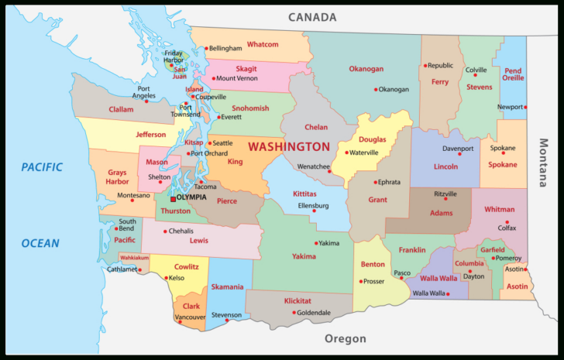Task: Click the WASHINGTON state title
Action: (x=289, y=146)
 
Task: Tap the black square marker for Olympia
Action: (x=173, y=198)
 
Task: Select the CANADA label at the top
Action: (x=312, y=17)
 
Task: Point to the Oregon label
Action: (x=345, y=339)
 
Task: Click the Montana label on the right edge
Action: (x=544, y=163)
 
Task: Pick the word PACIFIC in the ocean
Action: (x=41, y=166)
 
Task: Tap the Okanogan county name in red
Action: (x=366, y=69)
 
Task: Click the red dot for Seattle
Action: (x=209, y=143)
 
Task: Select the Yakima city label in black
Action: (x=328, y=243)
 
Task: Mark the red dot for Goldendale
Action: (x=294, y=313)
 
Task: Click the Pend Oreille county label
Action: (x=513, y=74)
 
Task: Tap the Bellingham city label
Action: (x=225, y=49)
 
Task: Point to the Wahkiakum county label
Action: (x=134, y=257)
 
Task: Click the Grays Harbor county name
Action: (x=117, y=177)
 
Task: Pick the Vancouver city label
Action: (x=190, y=317)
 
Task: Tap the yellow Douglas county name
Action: (x=372, y=139)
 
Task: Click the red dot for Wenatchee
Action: (x=329, y=172)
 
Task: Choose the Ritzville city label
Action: (x=445, y=194)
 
